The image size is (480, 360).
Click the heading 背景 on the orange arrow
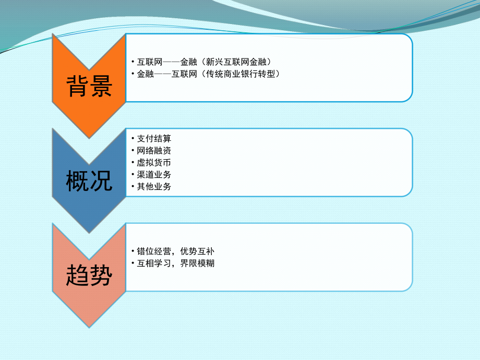(89, 87)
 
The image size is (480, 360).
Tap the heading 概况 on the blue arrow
(89, 182)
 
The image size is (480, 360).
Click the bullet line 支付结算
(154, 139)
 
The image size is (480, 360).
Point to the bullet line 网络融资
(154, 151)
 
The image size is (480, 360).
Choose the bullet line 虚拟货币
(154, 163)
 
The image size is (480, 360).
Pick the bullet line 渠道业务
(154, 175)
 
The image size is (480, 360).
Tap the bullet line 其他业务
(154, 187)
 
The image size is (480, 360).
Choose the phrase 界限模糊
(197, 263)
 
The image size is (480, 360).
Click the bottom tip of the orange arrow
(89, 137)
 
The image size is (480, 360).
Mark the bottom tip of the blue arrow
(89, 232)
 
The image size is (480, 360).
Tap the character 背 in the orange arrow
(78, 87)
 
